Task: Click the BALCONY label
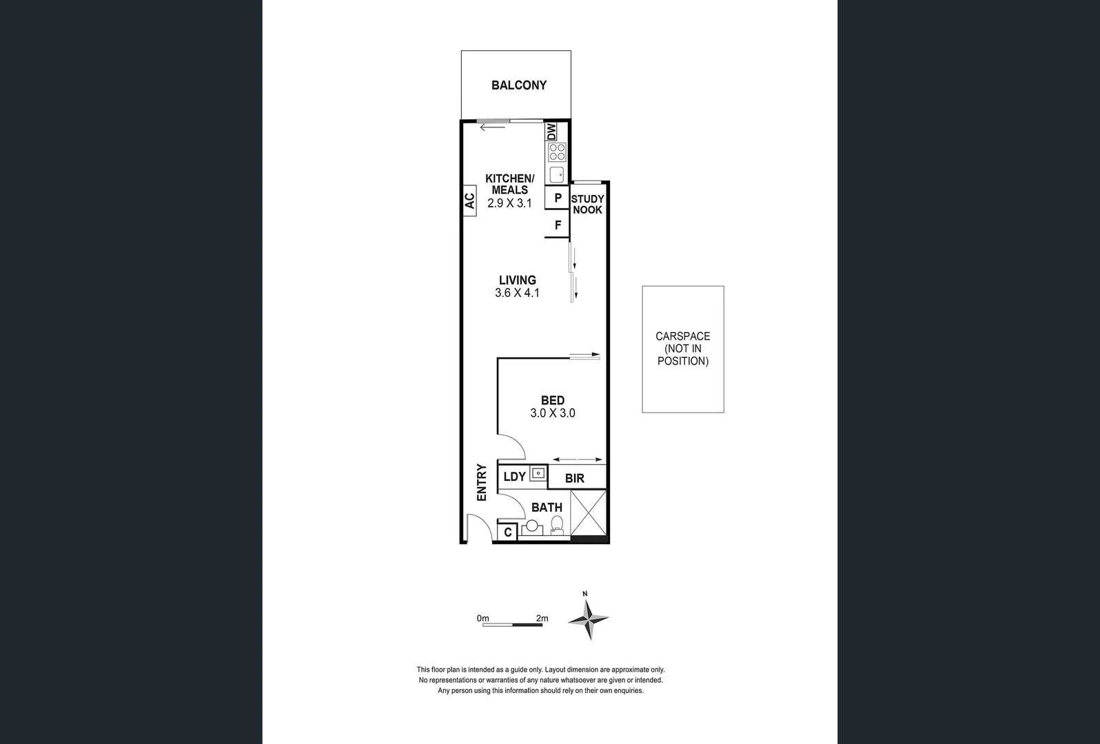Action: pos(518,85)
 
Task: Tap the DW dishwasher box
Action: pos(551,132)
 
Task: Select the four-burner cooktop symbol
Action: pos(556,152)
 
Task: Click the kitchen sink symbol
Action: pos(556,174)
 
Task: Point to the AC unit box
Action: pos(469,201)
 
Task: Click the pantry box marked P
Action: pos(558,198)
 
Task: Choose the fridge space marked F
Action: pos(558,225)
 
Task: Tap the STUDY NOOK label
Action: pos(587,205)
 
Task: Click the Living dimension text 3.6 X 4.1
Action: pos(517,293)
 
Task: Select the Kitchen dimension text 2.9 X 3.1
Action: pos(509,203)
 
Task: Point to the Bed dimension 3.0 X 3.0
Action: pos(552,413)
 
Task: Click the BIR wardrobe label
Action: pos(574,478)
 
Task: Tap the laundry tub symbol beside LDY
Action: pos(538,474)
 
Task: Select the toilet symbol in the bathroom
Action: pos(557,525)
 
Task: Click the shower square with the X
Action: pos(589,513)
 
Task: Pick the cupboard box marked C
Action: pos(507,533)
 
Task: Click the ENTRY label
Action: pos(482,482)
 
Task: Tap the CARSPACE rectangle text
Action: pos(682,349)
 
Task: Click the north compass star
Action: pos(588,619)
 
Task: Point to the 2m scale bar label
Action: pos(542,618)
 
